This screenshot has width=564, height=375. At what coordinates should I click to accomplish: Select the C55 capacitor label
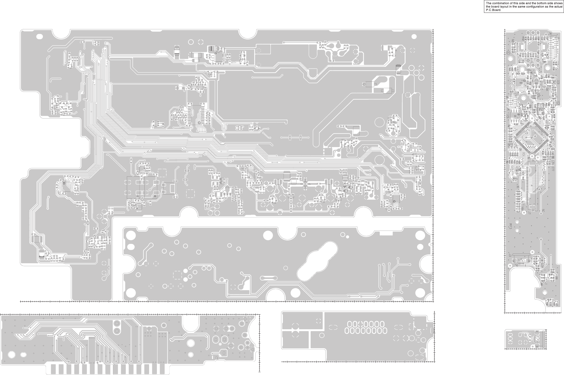pyautogui.click(x=528, y=70)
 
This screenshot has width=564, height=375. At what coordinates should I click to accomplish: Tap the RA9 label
pyautogui.click(x=513, y=41)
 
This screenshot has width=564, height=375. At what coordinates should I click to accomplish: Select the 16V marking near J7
pyautogui.click(x=522, y=209)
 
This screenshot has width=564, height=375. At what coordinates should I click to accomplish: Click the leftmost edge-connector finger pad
pyautogui.click(x=54, y=369)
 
